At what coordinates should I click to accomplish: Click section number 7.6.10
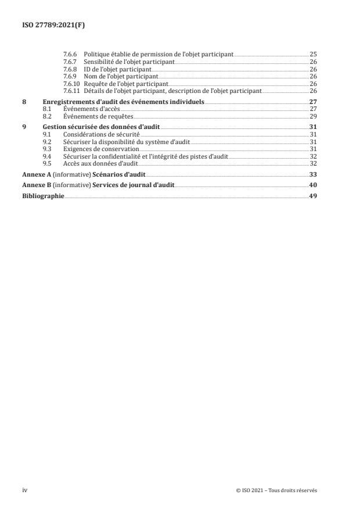pos(71,84)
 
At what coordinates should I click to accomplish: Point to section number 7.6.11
pos(71,91)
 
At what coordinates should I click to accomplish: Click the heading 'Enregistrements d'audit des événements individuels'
pos(123,101)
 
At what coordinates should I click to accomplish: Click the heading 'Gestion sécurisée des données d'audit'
pos(101,126)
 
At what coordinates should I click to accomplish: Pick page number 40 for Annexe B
pos(313,185)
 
